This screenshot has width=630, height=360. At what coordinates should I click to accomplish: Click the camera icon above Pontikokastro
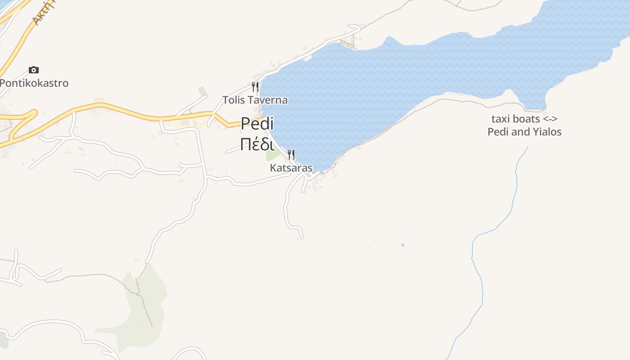click(34, 70)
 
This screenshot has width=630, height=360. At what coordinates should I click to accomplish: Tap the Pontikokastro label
click(34, 83)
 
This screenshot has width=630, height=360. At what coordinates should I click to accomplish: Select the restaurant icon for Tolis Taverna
click(255, 86)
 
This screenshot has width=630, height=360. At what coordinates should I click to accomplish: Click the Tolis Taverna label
click(255, 100)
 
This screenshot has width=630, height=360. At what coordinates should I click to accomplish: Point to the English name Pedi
click(257, 123)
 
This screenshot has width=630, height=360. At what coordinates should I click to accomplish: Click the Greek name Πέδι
click(257, 144)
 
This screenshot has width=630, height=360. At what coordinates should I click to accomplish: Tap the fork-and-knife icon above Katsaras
click(291, 155)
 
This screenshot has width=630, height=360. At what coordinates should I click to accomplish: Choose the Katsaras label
click(291, 168)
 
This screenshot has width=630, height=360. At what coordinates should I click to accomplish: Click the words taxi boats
click(516, 119)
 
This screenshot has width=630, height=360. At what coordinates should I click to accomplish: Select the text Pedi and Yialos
click(525, 132)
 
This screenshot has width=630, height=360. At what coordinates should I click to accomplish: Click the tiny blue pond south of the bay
click(403, 245)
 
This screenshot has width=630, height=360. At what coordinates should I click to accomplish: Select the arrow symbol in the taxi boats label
click(550, 119)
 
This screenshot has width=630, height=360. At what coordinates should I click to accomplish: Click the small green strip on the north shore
click(347, 44)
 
